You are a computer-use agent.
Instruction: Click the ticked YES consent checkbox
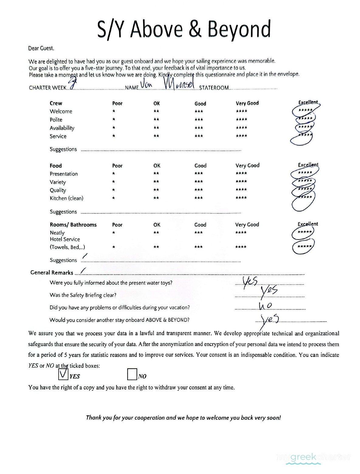tap(63, 374)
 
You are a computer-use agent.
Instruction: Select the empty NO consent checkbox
tap(132, 374)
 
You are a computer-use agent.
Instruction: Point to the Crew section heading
tap(56, 103)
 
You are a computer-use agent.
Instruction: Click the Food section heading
tap(56, 166)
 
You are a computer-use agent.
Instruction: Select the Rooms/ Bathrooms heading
tap(73, 225)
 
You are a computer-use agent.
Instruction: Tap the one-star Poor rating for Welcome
tap(113, 111)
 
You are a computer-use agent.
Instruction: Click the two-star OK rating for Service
tap(156, 136)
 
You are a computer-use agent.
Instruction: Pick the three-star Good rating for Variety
tap(199, 182)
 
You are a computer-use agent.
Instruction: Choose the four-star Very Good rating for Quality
tap(241, 190)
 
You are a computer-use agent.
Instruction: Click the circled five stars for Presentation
tap(305, 173)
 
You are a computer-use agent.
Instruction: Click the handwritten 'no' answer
tap(265, 305)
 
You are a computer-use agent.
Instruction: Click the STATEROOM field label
tap(214, 88)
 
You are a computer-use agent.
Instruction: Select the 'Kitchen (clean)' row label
tap(67, 198)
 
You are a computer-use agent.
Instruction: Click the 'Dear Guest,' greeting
tap(41, 48)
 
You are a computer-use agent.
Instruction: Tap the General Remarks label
tap(52, 272)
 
